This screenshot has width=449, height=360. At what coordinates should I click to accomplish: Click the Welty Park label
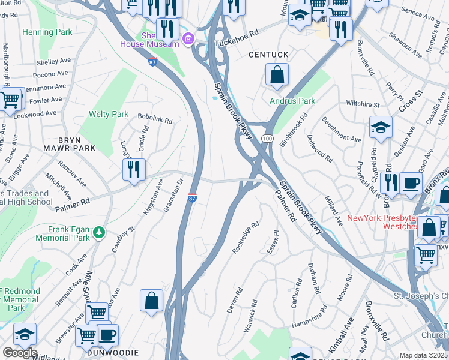click(109, 114)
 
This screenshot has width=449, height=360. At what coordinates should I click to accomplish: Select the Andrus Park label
click(292, 101)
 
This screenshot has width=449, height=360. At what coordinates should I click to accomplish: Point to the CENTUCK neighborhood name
click(268, 55)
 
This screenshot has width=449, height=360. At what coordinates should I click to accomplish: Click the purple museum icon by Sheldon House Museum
click(188, 40)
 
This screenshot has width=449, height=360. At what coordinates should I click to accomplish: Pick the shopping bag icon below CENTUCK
click(277, 76)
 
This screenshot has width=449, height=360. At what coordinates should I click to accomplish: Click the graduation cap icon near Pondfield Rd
click(381, 127)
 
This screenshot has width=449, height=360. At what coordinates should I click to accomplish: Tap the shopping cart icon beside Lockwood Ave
click(10, 99)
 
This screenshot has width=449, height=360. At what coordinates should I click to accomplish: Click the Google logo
click(20, 353)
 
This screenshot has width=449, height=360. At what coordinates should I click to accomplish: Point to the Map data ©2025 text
click(423, 355)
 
